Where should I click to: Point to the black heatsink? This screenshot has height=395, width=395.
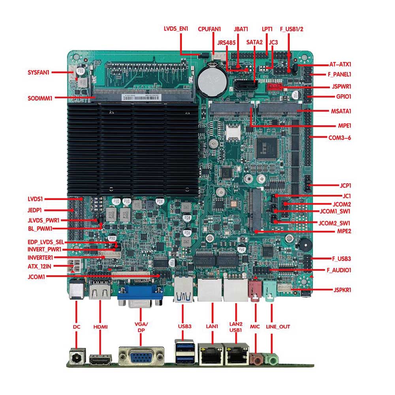[133, 146]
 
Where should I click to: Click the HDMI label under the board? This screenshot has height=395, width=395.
[100, 327]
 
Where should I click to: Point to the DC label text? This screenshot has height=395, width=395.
[76, 327]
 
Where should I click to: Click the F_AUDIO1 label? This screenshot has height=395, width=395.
[339, 270]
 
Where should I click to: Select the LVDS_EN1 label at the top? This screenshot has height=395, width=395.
[176, 29]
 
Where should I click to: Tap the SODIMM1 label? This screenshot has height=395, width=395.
[40, 98]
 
